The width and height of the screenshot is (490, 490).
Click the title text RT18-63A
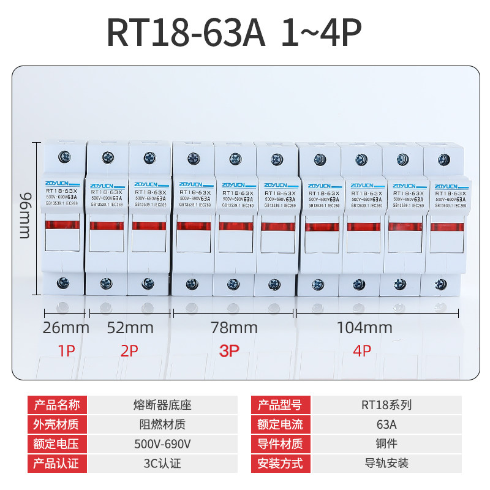tap(187, 34)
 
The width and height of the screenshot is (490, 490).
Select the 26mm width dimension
tap(66, 328)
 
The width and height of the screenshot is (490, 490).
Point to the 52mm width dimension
tap(130, 328)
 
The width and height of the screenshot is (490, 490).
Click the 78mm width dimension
tap(234, 328)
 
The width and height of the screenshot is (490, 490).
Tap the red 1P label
tap(66, 351)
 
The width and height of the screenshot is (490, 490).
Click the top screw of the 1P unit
tap(65, 157)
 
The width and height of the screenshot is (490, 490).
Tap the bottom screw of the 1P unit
tap(64, 283)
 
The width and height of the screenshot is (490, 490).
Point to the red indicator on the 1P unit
tap(63, 225)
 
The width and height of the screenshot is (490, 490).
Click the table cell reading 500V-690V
tap(162, 443)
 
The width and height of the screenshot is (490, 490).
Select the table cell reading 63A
tap(385, 424)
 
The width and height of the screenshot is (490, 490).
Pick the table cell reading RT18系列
tap(385, 404)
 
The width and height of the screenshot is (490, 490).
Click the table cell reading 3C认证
tap(162, 463)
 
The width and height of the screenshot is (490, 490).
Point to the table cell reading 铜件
tap(385, 443)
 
